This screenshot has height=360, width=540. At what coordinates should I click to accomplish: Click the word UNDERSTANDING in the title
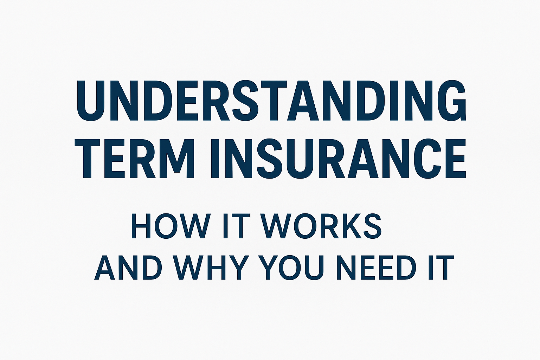click(271, 100)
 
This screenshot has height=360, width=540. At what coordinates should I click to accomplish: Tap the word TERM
click(134, 159)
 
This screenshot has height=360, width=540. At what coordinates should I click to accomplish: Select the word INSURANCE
click(339, 159)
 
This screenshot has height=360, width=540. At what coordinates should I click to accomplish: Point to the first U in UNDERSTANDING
click(90, 101)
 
